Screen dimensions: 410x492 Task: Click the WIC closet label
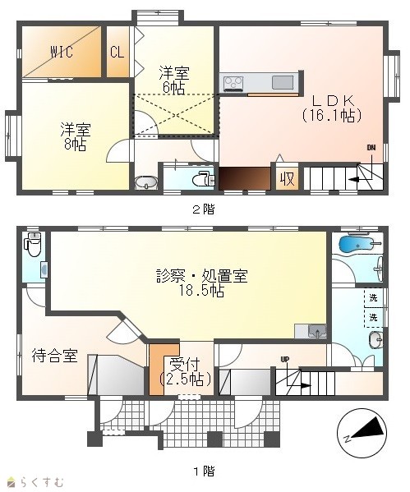[62, 52]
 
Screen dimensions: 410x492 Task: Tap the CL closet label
[117, 52]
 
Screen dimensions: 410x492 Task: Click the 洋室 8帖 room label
[76, 137]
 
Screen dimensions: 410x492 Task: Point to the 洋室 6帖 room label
[173, 80]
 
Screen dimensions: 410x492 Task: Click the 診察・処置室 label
[202, 276]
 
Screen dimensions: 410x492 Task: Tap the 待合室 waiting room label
[54, 356]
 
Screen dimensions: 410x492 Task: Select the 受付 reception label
[185, 365]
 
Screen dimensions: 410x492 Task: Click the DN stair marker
[371, 148]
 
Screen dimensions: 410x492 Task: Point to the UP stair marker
[285, 359]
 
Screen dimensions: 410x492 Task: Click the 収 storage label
[287, 179]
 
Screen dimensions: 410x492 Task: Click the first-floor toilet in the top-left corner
[33, 245]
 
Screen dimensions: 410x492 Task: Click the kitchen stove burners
[233, 83]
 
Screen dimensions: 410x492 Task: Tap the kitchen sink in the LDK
[282, 82]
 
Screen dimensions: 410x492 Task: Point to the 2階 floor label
[204, 209]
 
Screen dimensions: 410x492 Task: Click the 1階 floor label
[204, 471]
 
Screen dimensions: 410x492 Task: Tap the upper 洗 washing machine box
[373, 297]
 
